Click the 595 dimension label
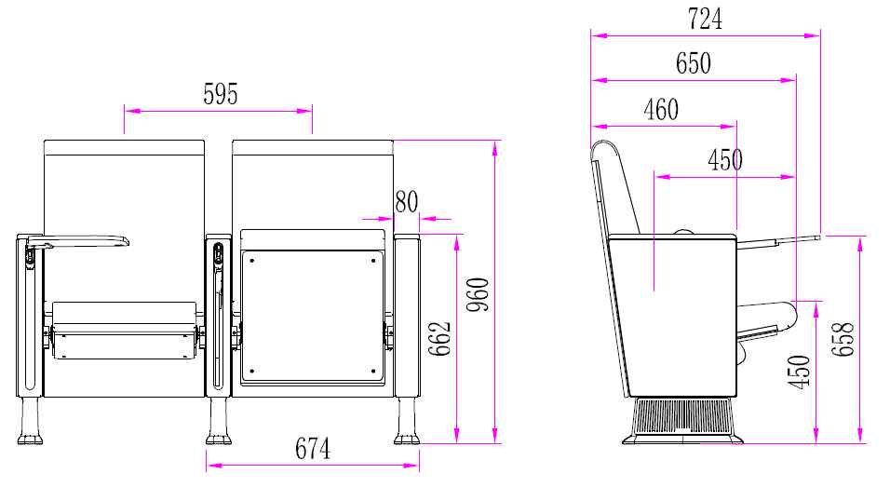coord(221,94)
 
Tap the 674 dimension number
coord(312,449)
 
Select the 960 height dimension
coord(478,294)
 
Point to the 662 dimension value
coord(439,339)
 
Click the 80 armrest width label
coord(407,201)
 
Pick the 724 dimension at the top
coord(705,19)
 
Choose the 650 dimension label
coord(693,63)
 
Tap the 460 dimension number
coord(661,110)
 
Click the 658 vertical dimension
coord(843,339)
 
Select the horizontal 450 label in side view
coord(725,160)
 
